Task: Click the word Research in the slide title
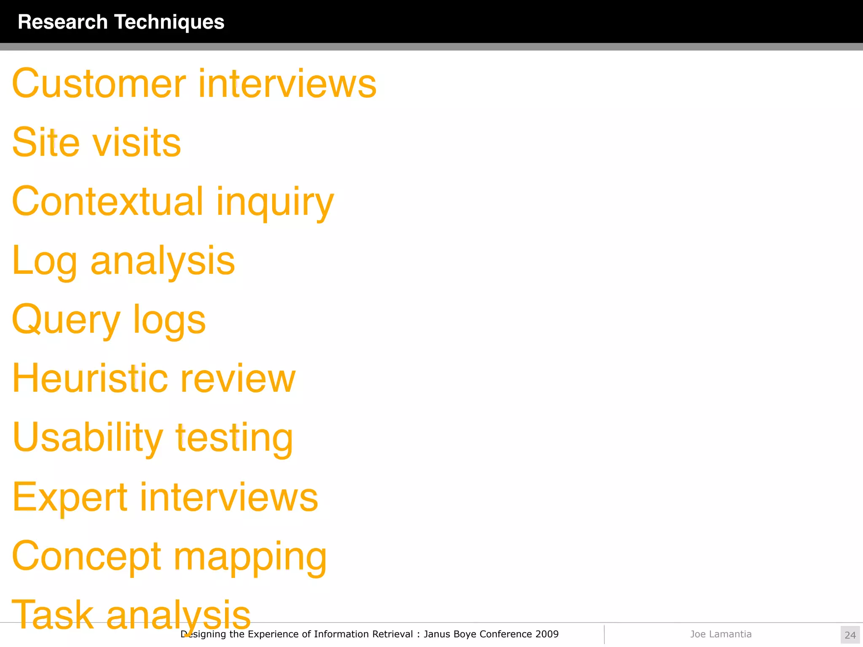point(63,22)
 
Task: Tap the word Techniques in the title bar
point(169,22)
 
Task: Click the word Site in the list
point(46,142)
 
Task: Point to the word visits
point(137,142)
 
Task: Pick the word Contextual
point(108,201)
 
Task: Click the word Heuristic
point(90,378)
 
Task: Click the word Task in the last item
point(53,614)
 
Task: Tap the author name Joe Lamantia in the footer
point(721,634)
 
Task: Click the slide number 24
point(850,635)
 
